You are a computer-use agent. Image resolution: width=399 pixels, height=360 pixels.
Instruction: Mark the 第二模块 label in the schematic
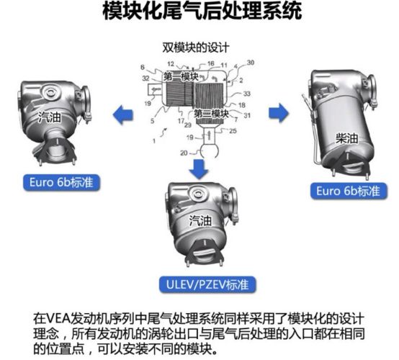click(x=212, y=114)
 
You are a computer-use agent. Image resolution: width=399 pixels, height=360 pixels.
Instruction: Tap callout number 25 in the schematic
click(x=233, y=132)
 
